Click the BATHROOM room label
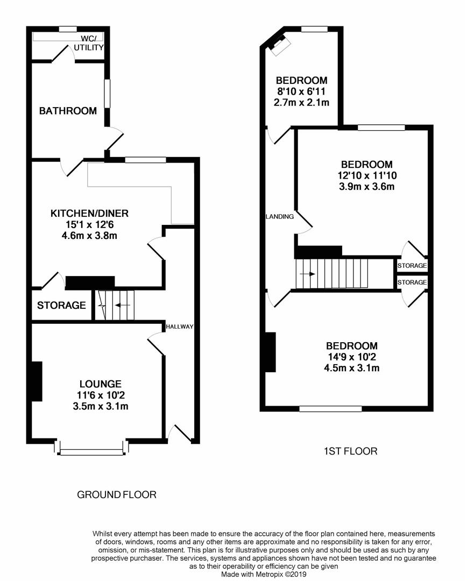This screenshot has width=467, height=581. (x=68, y=111)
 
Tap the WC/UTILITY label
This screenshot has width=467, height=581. (x=89, y=43)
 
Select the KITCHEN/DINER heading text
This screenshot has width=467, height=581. (x=89, y=214)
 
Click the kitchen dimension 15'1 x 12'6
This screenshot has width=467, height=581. (x=89, y=224)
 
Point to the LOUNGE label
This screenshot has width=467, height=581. (x=101, y=384)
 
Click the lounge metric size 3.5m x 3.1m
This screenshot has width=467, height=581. (x=101, y=406)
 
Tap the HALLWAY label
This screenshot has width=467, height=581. (x=179, y=327)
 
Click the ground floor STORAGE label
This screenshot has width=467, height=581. (x=61, y=306)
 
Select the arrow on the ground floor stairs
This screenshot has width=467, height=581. (x=123, y=306)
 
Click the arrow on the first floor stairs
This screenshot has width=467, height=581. (x=307, y=274)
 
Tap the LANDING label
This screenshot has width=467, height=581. (x=280, y=216)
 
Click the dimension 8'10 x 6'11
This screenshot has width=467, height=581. (x=301, y=91)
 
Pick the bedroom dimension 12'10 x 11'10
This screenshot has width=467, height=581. (x=366, y=175)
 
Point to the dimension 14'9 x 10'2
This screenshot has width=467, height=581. (x=351, y=357)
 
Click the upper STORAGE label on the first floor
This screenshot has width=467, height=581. (x=412, y=266)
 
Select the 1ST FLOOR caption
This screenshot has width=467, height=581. (x=351, y=451)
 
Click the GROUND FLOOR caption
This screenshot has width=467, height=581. (x=117, y=494)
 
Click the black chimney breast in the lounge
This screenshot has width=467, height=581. (x=37, y=381)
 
